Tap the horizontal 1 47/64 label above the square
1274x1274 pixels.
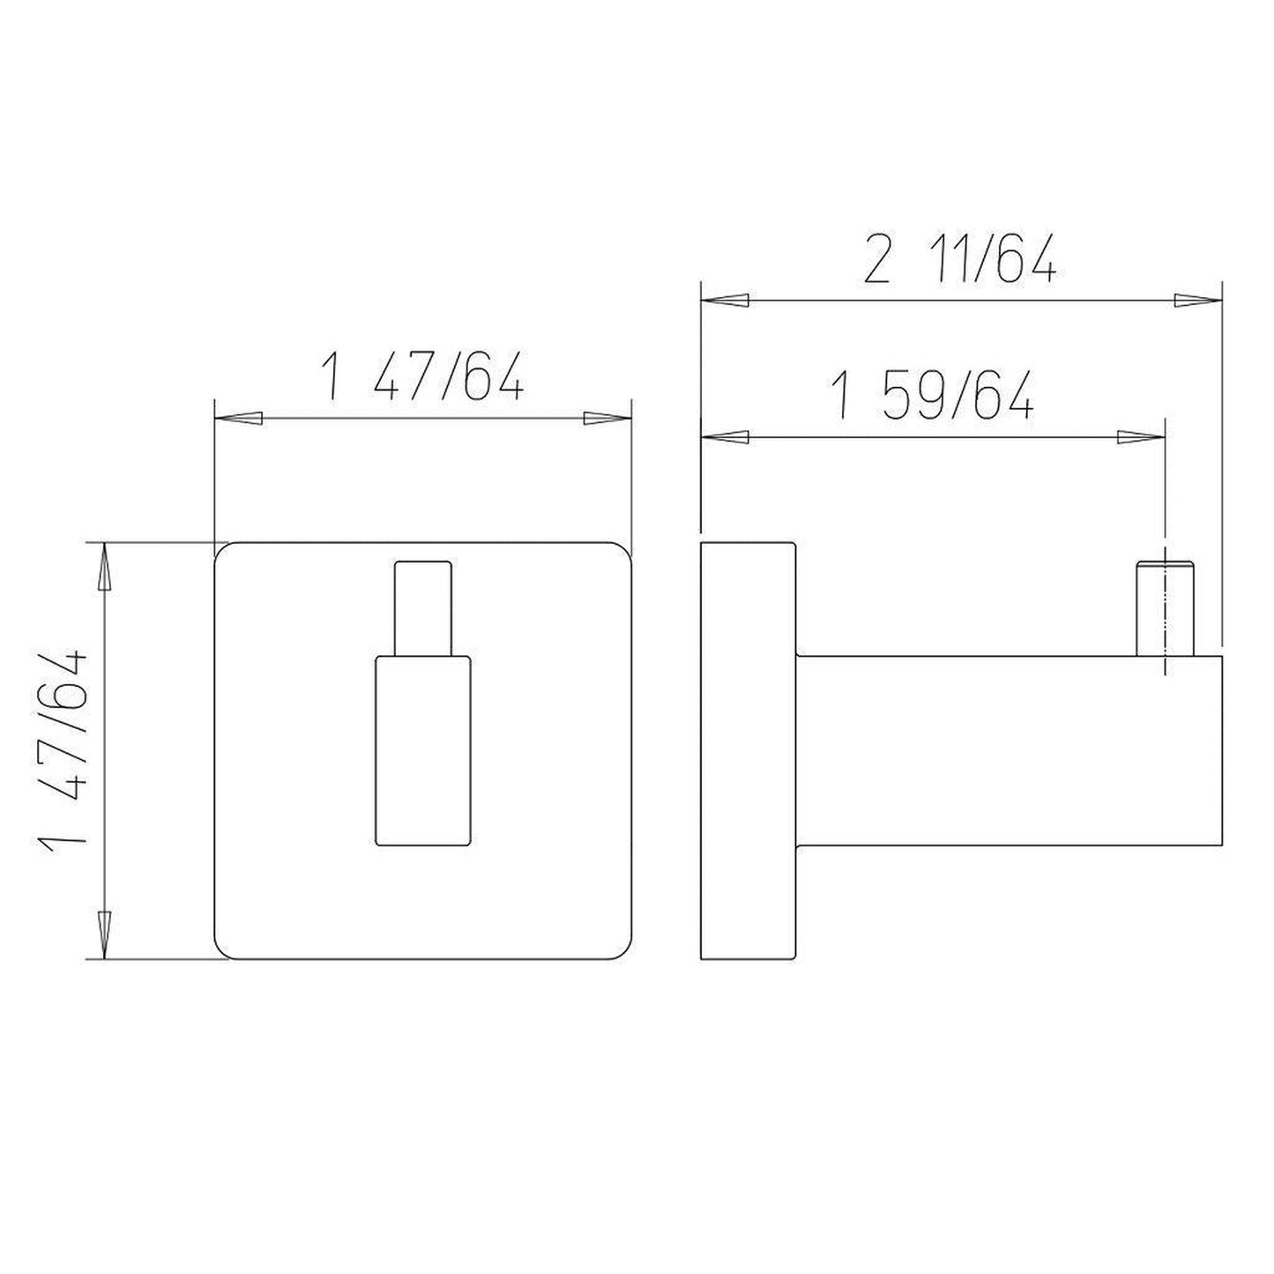[424, 377]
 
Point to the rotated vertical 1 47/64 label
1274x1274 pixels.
[63, 749]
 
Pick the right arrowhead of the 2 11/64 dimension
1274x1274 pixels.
[1197, 302]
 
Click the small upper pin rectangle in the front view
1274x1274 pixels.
[424, 607]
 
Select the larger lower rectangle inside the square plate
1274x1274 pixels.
[424, 750]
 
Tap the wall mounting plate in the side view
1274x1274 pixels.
[748, 750]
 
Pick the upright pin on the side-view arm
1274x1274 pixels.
[1165, 608]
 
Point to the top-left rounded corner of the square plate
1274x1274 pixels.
[227, 554]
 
